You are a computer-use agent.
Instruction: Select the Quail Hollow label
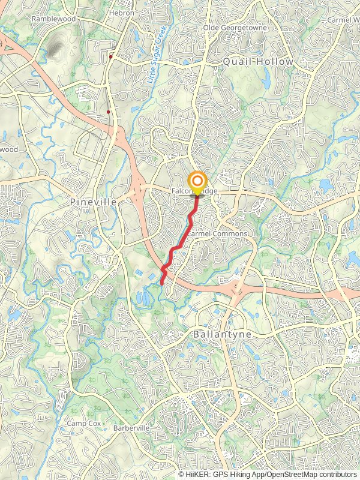258,62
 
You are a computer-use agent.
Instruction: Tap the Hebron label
121,12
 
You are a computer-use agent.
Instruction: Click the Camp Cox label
82,424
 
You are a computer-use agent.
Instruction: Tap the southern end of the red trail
162,283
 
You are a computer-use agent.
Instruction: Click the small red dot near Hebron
112,57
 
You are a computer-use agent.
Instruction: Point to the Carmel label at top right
343,20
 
